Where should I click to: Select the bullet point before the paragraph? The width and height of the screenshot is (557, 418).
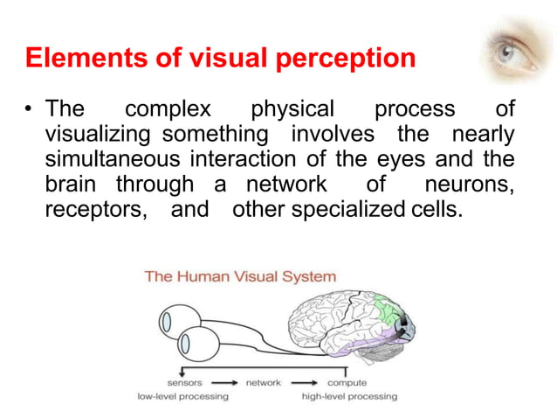click(30, 111)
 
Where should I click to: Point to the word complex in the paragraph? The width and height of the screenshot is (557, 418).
click(168, 110)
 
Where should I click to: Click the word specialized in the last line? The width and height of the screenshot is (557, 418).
click(347, 211)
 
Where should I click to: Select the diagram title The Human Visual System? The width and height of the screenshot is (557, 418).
click(239, 277)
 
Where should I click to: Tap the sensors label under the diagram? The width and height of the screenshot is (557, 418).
click(185, 382)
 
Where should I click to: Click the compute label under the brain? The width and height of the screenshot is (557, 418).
click(347, 382)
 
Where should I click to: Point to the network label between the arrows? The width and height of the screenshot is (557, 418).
click(265, 382)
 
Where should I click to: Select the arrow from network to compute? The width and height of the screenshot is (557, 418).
click(306, 382)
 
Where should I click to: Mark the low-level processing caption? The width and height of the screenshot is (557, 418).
click(183, 396)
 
